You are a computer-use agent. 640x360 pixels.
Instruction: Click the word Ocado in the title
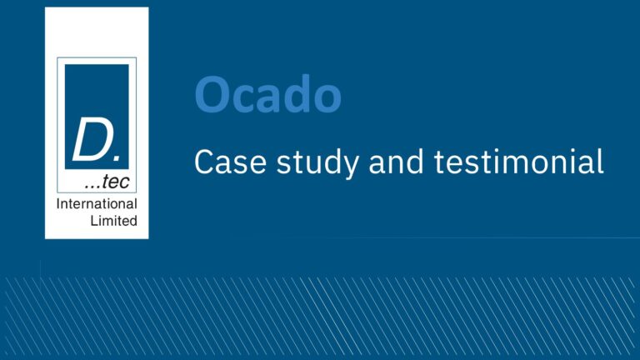(x=267, y=94)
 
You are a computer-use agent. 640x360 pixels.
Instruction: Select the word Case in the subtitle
(x=230, y=162)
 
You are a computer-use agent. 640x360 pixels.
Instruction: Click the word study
(x=318, y=163)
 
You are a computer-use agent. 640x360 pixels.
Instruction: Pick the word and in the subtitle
(x=396, y=161)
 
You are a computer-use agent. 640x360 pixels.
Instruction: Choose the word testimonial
(x=518, y=161)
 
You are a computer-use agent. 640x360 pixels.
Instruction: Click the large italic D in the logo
(x=91, y=138)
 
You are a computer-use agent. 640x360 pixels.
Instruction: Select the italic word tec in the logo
(x=116, y=182)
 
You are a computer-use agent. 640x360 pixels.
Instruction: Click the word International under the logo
(x=97, y=203)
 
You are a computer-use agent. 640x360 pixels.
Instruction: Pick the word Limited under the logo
(x=114, y=221)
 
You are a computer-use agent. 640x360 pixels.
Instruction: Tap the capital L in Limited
(x=94, y=221)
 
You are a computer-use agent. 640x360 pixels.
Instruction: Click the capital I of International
(x=58, y=203)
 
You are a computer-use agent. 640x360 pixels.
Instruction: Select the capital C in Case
(x=203, y=162)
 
